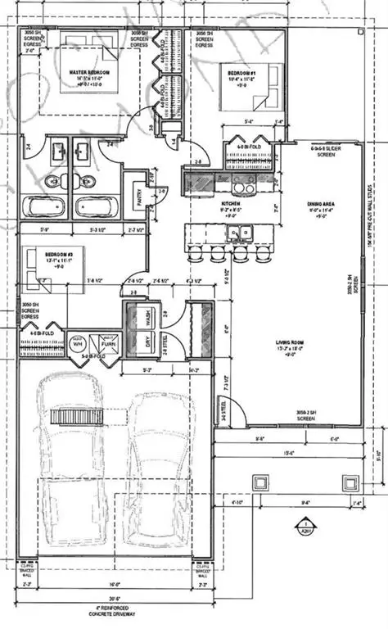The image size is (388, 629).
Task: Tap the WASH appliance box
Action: tap(147, 315)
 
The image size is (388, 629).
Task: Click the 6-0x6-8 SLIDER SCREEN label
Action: tap(324, 152)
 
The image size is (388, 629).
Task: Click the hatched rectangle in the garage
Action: tap(76, 417)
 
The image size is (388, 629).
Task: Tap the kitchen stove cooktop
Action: tap(243, 183)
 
